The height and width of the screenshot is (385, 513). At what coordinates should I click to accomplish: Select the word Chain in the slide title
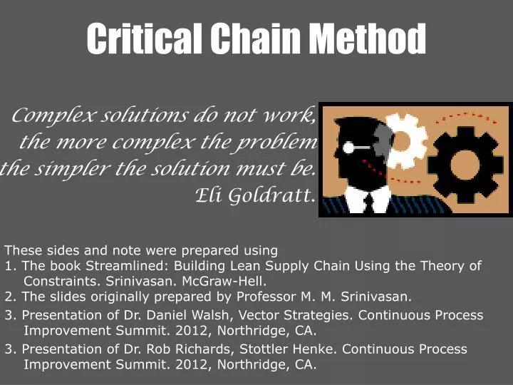pos(258,38)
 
